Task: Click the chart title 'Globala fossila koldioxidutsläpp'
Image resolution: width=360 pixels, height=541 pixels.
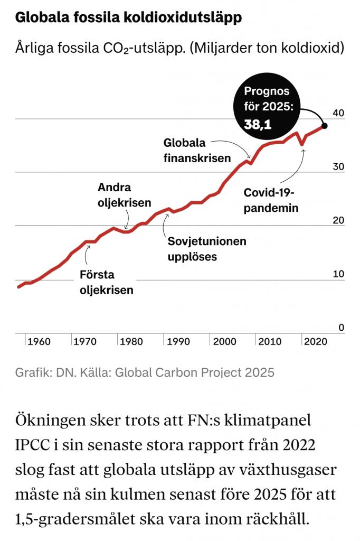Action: pyautogui.click(x=129, y=18)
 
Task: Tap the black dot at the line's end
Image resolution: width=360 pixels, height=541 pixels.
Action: pyautogui.click(x=324, y=126)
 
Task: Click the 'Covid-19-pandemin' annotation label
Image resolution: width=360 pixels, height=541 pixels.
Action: pyautogui.click(x=271, y=200)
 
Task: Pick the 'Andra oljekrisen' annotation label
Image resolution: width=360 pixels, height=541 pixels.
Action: pyautogui.click(x=125, y=195)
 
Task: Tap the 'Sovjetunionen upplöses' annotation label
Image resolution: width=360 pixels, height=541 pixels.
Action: pyautogui.click(x=207, y=249)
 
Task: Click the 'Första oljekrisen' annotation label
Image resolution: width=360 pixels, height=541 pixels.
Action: pyautogui.click(x=106, y=282)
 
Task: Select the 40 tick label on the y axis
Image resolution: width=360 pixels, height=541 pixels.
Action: pyautogui.click(x=338, y=113)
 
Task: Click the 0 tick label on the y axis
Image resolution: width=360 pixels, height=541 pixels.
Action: pyautogui.click(x=341, y=328)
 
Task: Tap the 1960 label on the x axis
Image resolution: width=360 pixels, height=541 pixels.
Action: pyautogui.click(x=39, y=341)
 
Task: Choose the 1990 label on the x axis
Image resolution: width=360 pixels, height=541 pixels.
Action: pyautogui.click(x=178, y=341)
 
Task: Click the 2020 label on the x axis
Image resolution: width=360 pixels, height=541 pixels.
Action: pyautogui.click(x=316, y=341)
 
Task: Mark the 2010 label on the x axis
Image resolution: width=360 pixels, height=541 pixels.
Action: pyautogui.click(x=270, y=341)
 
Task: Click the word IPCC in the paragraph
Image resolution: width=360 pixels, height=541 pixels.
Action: pyautogui.click(x=35, y=445)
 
